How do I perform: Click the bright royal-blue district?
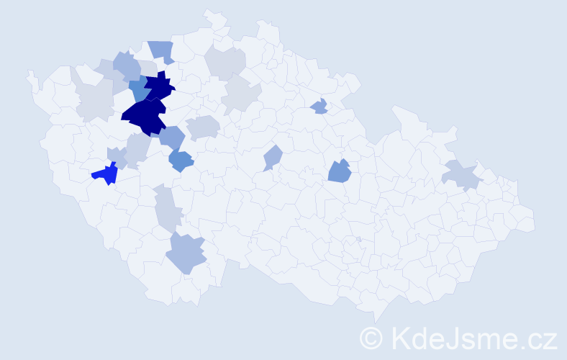(106, 174)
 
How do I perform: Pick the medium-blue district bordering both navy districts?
(140, 89)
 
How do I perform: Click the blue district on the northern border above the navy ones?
(162, 51)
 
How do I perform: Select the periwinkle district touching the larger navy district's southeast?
(173, 136)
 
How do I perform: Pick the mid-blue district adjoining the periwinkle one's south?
(181, 161)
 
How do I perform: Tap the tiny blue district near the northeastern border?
(320, 107)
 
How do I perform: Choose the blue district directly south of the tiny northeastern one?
(339, 172)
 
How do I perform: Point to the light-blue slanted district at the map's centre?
(272, 157)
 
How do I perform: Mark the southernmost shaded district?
(186, 253)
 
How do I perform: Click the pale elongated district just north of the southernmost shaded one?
(166, 207)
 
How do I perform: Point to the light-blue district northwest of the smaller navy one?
(127, 66)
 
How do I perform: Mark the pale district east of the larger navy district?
(204, 127)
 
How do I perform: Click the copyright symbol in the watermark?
(372, 337)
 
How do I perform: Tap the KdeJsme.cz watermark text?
(472, 337)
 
